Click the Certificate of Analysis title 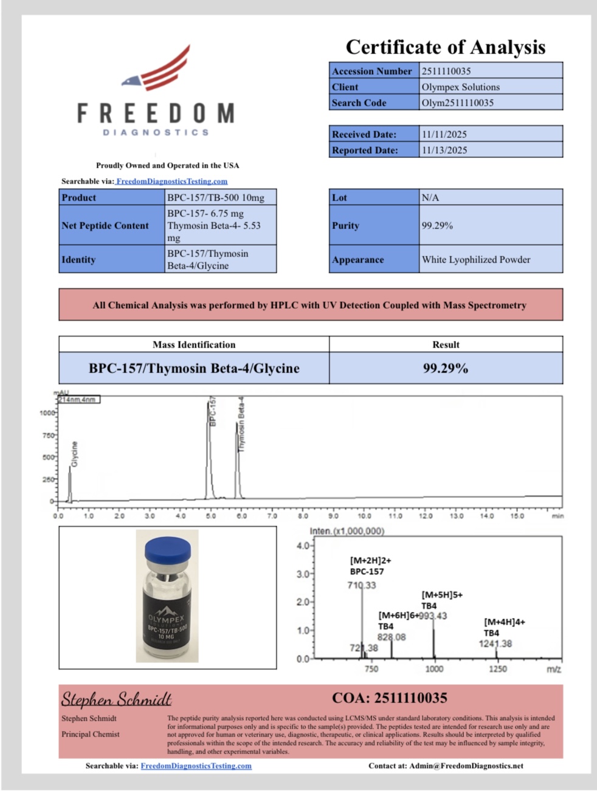click(x=446, y=47)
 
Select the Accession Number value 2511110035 click(x=446, y=71)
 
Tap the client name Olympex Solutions click(x=461, y=87)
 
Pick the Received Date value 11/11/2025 click(x=444, y=134)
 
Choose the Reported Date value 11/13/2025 click(x=444, y=150)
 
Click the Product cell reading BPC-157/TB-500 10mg click(x=216, y=197)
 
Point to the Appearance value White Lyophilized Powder click(x=476, y=259)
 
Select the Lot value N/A click(x=430, y=197)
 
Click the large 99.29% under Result click(x=446, y=368)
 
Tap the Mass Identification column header click(x=194, y=345)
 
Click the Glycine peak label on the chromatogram click(x=75, y=454)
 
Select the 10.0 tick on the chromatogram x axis click(x=364, y=516)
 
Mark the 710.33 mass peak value click(x=362, y=585)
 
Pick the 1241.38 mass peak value click(x=495, y=644)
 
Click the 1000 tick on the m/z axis click(x=434, y=669)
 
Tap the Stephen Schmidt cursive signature click(x=116, y=699)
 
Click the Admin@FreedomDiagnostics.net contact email click(x=466, y=766)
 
